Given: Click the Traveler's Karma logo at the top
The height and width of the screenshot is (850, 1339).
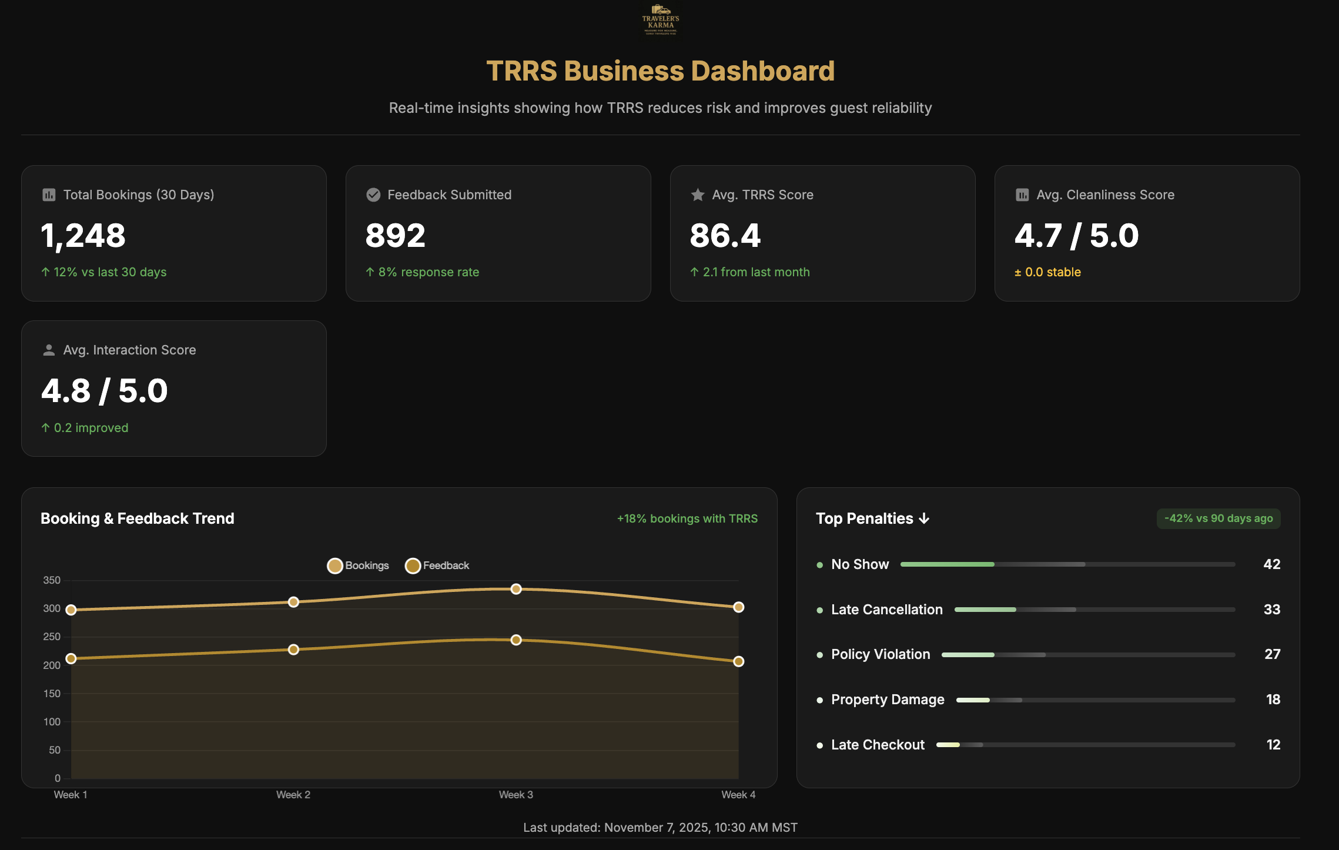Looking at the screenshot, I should pos(661,20).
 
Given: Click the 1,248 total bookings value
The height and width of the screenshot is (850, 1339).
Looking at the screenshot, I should pos(83,236).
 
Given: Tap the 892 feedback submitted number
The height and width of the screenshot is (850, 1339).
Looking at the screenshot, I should pos(395,236).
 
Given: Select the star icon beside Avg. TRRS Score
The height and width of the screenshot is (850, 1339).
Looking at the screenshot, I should pos(698,195).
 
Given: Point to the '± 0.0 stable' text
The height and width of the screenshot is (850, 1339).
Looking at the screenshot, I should pos(1047,272).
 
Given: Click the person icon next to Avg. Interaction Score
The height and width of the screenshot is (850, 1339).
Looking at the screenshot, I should pos(49,350).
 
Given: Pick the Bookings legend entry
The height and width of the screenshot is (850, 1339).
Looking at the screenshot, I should pos(358,565).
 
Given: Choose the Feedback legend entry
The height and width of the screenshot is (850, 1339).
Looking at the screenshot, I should pos(437,565).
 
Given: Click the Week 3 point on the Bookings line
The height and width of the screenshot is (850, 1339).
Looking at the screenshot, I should pos(516,589).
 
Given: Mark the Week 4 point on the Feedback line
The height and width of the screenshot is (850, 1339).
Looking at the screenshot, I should pos(739,661).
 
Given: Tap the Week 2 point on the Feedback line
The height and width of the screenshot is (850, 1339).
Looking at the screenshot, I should pos(293,650).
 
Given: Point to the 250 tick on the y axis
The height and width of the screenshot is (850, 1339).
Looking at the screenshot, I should pos(52,637).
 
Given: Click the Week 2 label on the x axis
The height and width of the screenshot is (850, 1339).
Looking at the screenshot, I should pos(293,795).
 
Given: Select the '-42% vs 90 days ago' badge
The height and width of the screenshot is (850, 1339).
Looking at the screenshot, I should pos(1219,518).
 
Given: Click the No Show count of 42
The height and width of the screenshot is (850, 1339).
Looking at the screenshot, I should pos(1272,564).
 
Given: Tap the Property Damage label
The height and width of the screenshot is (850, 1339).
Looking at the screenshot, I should pos(888,700).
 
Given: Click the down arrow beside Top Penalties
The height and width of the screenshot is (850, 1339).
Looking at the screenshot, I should pos(925,518).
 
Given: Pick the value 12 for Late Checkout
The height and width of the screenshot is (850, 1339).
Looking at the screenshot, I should pos(1273,745).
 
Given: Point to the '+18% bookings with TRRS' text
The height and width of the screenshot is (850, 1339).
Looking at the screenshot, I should pos(687,518).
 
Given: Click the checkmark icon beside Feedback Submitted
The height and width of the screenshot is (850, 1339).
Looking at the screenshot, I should pos(373,195).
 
